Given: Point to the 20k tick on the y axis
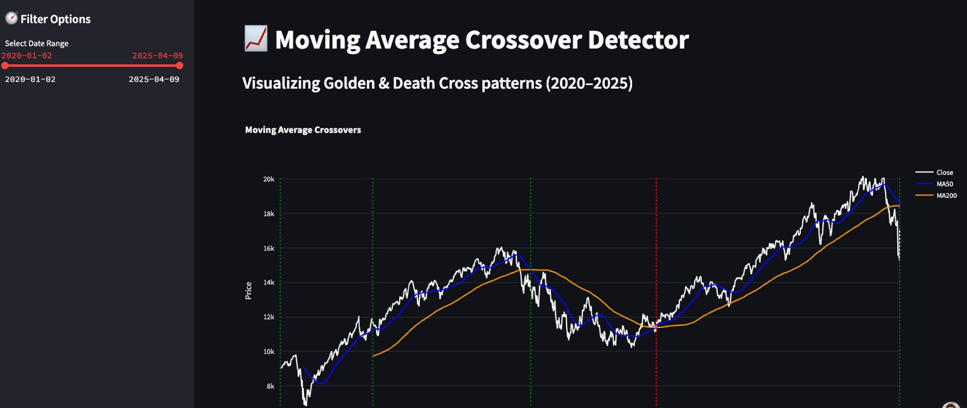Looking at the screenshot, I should (x=268, y=179).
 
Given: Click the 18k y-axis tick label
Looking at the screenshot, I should (x=268, y=214).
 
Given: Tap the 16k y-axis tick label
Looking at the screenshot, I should (x=268, y=249).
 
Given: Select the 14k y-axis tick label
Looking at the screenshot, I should (x=268, y=283).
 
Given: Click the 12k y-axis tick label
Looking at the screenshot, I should (x=268, y=317).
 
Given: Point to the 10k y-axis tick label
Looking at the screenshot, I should (x=268, y=351).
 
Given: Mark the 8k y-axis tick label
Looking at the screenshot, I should (x=270, y=386).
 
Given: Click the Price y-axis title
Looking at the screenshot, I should (x=249, y=290).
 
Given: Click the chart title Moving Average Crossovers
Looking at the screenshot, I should (x=303, y=130).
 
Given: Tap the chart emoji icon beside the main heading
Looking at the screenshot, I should (x=255, y=40).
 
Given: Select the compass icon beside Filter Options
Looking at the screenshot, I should (x=11, y=19).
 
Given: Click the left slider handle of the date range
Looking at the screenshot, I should (x=5, y=65).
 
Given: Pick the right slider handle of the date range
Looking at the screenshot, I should (x=179, y=65).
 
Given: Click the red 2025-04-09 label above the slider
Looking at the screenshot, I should (x=157, y=55).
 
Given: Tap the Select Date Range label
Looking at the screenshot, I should (x=37, y=43).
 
